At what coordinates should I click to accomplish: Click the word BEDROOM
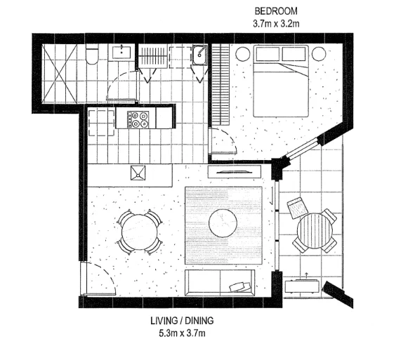coord(275,12)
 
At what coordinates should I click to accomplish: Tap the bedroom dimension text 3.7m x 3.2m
coord(275,23)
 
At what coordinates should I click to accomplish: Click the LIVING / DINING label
coord(182,321)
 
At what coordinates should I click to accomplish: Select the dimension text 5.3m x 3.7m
coord(182,333)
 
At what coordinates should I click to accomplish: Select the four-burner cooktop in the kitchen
coord(138,118)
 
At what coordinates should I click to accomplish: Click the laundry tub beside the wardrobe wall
coord(199,53)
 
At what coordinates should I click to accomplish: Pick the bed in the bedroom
coord(280,80)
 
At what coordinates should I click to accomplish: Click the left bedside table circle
coord(243,53)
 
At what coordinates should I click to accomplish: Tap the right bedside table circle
coord(318,53)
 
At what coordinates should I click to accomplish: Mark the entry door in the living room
coord(95,281)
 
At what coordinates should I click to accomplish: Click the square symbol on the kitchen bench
coord(137,172)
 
